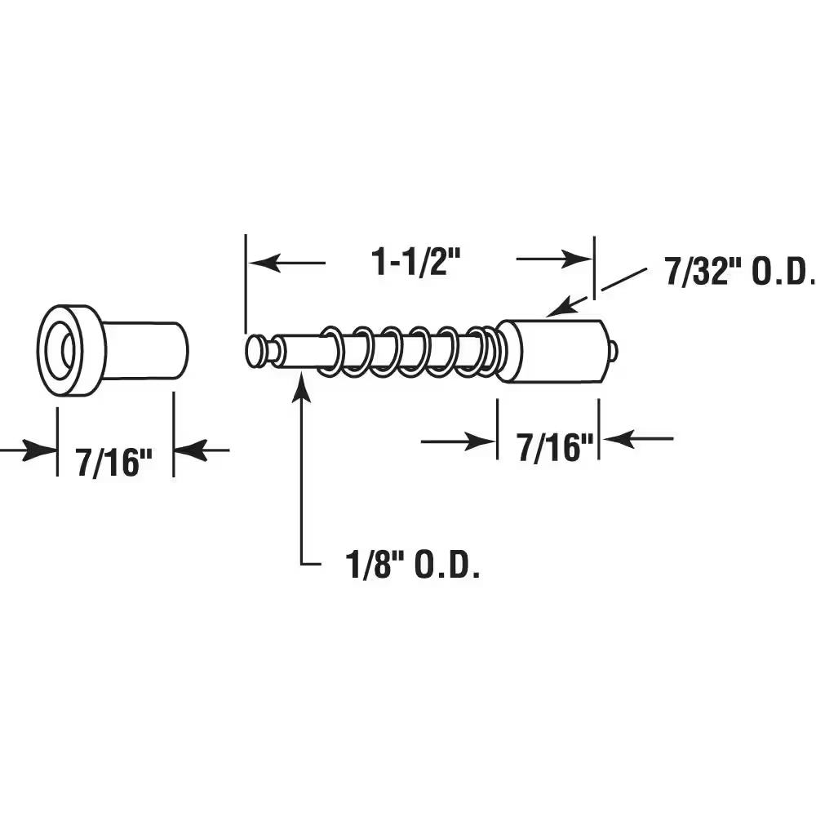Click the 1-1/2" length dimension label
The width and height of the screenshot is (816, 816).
point(416,262)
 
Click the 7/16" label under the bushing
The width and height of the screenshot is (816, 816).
point(114,462)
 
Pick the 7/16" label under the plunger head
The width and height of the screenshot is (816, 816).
point(555,447)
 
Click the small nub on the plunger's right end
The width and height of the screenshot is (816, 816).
point(614,351)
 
